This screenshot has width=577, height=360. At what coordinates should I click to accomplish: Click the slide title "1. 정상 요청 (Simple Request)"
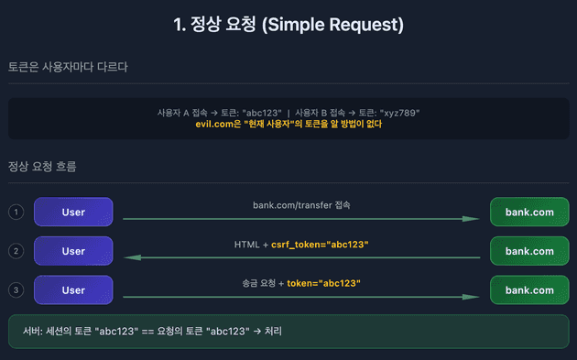pos(288,25)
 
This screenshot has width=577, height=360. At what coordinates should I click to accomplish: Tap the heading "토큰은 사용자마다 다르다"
pos(68,67)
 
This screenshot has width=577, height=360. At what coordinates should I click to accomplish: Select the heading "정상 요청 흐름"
pos(42,167)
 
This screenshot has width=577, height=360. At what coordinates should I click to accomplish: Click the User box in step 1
pos(73,213)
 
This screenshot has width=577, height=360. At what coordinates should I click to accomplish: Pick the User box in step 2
pos(73,251)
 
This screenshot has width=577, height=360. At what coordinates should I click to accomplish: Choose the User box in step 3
pos(73,290)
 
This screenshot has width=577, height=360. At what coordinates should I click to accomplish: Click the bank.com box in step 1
pos(529,213)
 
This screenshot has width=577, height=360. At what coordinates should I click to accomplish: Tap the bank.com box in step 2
pos(529,251)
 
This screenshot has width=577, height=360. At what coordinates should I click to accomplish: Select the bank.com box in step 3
pos(529,290)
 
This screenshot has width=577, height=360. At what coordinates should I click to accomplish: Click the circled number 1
pos(16,213)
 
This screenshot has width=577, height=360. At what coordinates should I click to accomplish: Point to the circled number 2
pos(16,251)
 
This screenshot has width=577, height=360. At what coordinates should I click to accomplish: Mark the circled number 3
pos(16,290)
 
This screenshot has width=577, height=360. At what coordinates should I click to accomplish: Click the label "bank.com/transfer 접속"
pos(301,205)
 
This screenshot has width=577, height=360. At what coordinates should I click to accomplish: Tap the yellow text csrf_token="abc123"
pos(320,245)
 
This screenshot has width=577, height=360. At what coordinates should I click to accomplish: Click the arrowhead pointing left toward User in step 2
pos(131,258)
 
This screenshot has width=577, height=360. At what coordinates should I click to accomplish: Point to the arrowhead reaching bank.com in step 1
pos(473,219)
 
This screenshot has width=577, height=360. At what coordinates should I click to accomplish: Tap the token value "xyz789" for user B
pos(398,113)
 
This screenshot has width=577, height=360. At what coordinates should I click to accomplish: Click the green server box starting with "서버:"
pos(288,331)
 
